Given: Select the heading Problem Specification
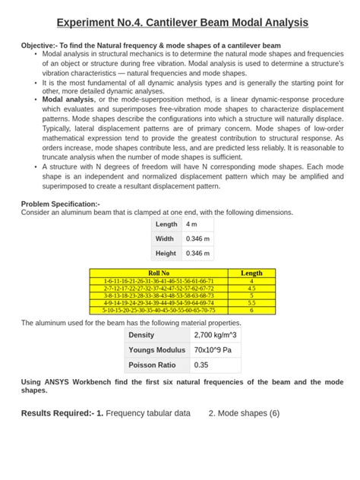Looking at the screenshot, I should (x=60, y=204).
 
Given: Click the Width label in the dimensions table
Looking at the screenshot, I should (x=165, y=238).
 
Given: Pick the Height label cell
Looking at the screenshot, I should (x=166, y=253).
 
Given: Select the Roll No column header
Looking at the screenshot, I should (x=159, y=273).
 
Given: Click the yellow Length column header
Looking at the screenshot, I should (x=251, y=273).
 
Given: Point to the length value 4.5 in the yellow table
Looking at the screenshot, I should (x=251, y=289).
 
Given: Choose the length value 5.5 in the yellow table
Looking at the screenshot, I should (x=251, y=302).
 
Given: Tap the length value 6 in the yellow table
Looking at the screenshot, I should (x=251, y=310).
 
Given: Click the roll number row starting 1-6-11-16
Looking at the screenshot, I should (x=159, y=281).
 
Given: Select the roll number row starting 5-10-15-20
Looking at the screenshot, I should (x=159, y=310).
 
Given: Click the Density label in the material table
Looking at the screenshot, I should (x=141, y=335).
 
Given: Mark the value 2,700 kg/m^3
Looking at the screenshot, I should (x=215, y=335).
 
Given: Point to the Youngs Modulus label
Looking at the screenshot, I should (x=156, y=350).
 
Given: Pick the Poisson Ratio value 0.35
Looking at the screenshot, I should (x=201, y=365).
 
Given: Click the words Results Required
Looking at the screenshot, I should (x=57, y=413).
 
